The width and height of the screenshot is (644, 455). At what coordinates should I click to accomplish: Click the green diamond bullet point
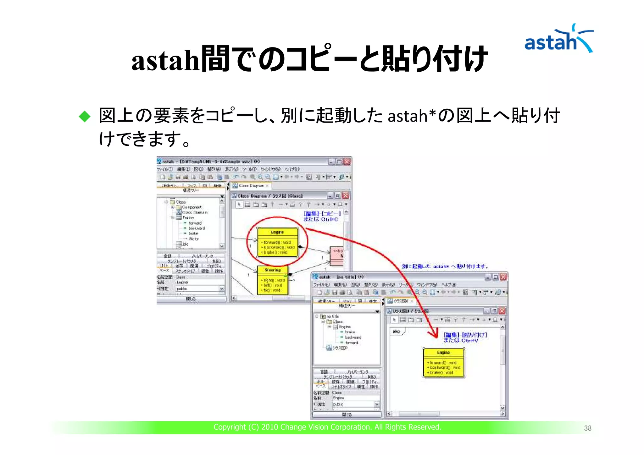(85, 117)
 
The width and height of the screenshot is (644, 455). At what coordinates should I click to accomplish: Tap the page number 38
(587, 428)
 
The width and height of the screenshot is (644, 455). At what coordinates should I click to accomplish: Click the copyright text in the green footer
(327, 427)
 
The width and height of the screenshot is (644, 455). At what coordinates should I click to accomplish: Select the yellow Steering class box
(272, 280)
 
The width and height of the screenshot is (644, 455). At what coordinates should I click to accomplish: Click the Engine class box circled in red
(277, 242)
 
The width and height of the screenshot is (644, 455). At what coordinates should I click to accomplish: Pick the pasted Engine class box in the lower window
(443, 363)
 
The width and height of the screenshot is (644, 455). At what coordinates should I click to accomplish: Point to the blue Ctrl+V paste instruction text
(465, 337)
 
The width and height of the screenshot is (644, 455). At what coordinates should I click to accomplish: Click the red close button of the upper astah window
(347, 162)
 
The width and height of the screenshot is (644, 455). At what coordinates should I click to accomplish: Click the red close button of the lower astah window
(503, 277)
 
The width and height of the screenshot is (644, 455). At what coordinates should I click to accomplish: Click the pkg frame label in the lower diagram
(397, 332)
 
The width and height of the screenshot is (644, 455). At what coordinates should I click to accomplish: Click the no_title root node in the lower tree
(332, 316)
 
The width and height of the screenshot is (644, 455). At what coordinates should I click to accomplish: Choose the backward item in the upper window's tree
(197, 228)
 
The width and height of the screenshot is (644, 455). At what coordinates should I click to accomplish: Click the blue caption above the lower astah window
(445, 266)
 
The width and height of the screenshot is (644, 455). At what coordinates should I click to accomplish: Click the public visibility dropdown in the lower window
(356, 404)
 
